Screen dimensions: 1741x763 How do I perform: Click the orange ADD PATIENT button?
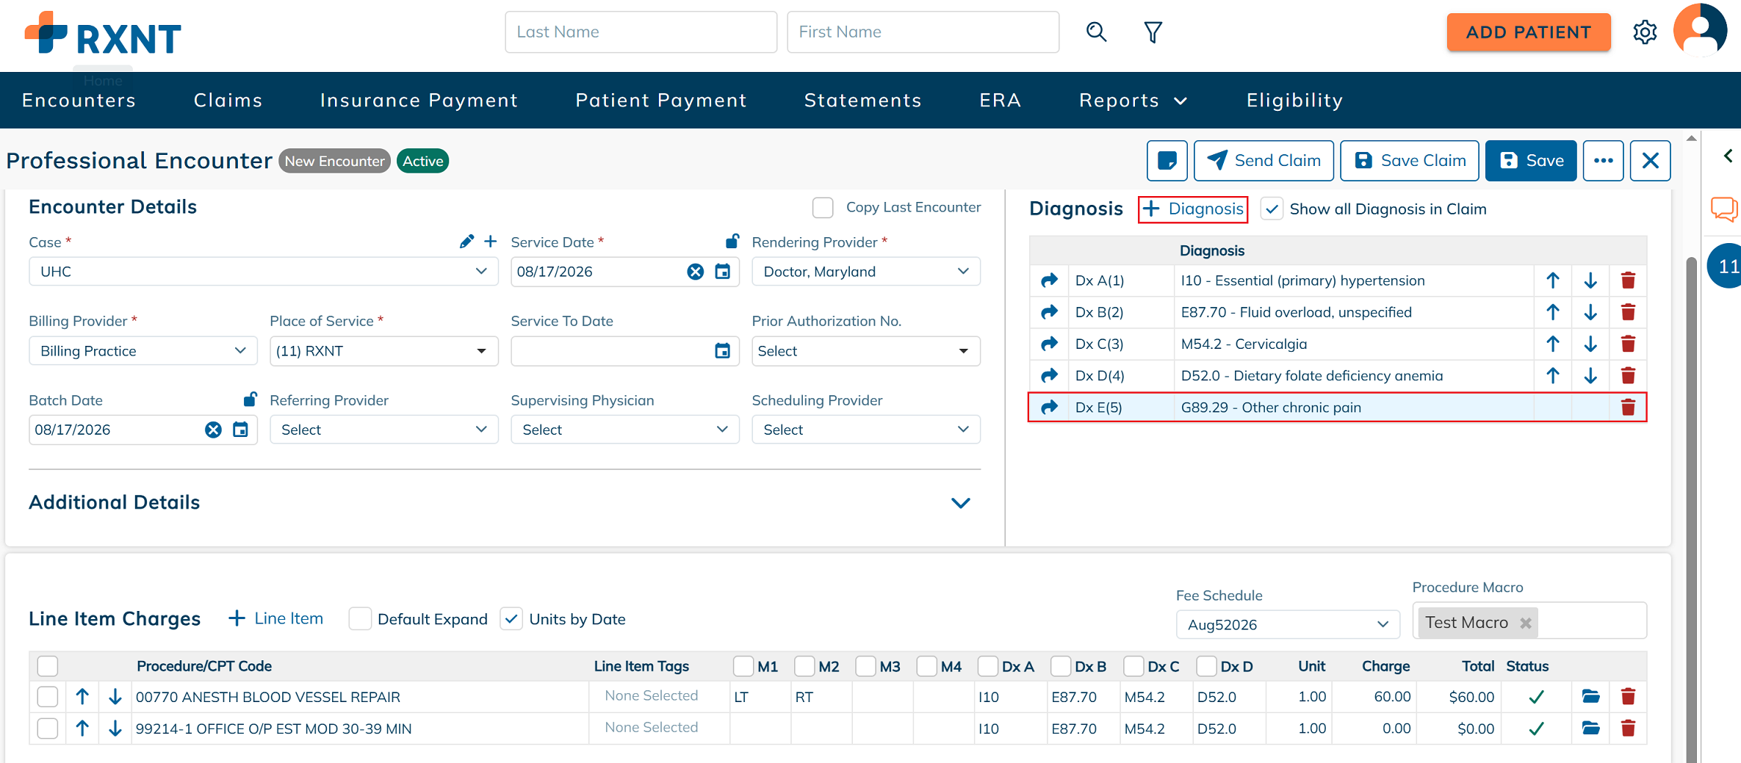click(x=1528, y=32)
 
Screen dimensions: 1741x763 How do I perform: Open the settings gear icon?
click(x=1645, y=32)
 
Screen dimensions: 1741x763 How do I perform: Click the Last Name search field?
click(x=641, y=32)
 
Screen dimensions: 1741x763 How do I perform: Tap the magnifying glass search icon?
click(x=1096, y=32)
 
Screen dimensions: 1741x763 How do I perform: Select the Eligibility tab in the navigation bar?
click(x=1294, y=100)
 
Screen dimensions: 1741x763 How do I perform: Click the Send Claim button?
click(x=1264, y=161)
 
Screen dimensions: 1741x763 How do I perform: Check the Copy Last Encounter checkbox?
click(x=823, y=208)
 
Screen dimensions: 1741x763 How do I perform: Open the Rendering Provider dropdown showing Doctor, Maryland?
click(x=865, y=272)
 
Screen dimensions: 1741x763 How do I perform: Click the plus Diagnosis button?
click(x=1193, y=209)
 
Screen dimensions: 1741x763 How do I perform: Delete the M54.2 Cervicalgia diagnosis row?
click(x=1628, y=344)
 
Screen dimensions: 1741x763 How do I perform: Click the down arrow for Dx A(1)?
click(x=1590, y=281)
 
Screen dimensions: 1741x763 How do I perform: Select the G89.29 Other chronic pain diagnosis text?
click(x=1271, y=408)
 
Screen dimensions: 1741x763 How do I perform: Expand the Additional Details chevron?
click(x=961, y=503)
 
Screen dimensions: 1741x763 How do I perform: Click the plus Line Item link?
click(x=276, y=618)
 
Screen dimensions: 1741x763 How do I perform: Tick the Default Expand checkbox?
click(x=360, y=619)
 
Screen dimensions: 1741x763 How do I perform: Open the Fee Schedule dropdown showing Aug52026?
click(x=1287, y=625)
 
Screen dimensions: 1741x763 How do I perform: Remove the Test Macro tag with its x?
click(x=1526, y=623)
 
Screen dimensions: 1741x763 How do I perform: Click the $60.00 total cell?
click(x=1471, y=697)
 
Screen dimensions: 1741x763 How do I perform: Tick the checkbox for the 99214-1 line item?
click(x=48, y=728)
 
